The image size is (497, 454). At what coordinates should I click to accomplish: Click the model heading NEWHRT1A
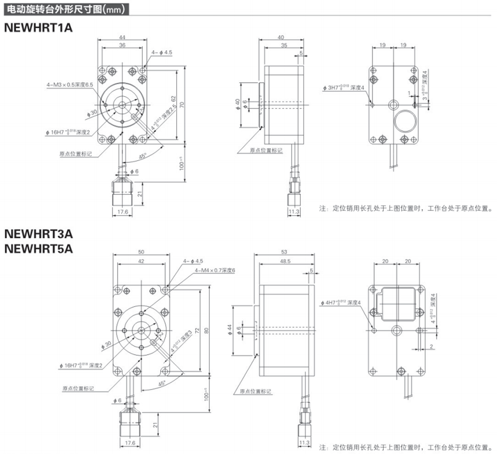coord(37,28)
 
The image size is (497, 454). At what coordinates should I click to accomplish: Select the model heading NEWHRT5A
coord(38,248)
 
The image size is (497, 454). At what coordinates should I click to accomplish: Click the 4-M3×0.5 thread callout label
coord(70,84)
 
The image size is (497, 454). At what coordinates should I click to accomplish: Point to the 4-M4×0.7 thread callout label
coord(215,270)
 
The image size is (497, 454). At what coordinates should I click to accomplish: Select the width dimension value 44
coord(122,38)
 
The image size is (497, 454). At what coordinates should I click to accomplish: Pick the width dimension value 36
coord(122,46)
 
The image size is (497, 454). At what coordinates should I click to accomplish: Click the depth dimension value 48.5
coord(284,262)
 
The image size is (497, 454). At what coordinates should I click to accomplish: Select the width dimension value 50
coord(141,252)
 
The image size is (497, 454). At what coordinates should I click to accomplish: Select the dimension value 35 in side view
coord(284,46)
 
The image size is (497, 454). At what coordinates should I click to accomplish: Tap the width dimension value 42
coord(141,262)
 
